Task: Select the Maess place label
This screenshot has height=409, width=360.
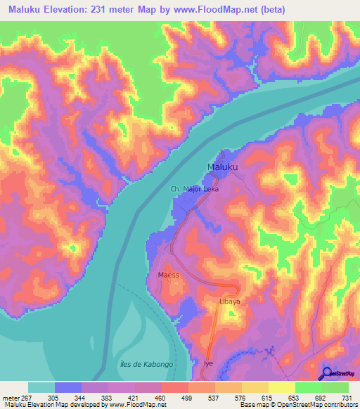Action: tap(169, 275)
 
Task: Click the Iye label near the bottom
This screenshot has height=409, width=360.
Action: tap(208, 363)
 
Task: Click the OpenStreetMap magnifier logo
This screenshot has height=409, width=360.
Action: tap(328, 373)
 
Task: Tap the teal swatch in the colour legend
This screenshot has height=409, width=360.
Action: tap(41, 387)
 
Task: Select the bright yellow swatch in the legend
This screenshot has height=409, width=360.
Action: tap(281, 387)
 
